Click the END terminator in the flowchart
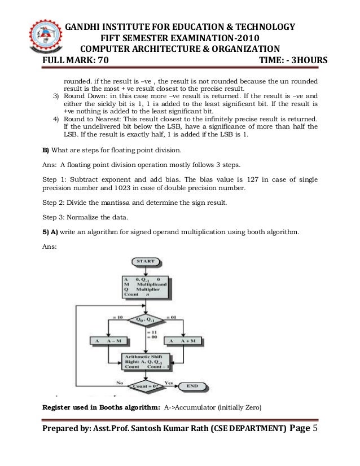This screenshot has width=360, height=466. point(192,386)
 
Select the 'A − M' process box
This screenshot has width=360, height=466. point(107,341)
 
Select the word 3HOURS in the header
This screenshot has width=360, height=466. point(312,60)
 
